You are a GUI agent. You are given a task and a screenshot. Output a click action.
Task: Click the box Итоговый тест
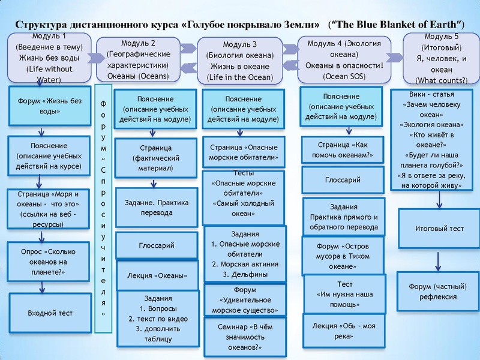pos(440,229)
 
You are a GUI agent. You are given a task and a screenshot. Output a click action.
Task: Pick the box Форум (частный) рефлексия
pos(440,292)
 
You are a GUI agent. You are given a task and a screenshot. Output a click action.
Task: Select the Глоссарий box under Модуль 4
pos(343,179)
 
